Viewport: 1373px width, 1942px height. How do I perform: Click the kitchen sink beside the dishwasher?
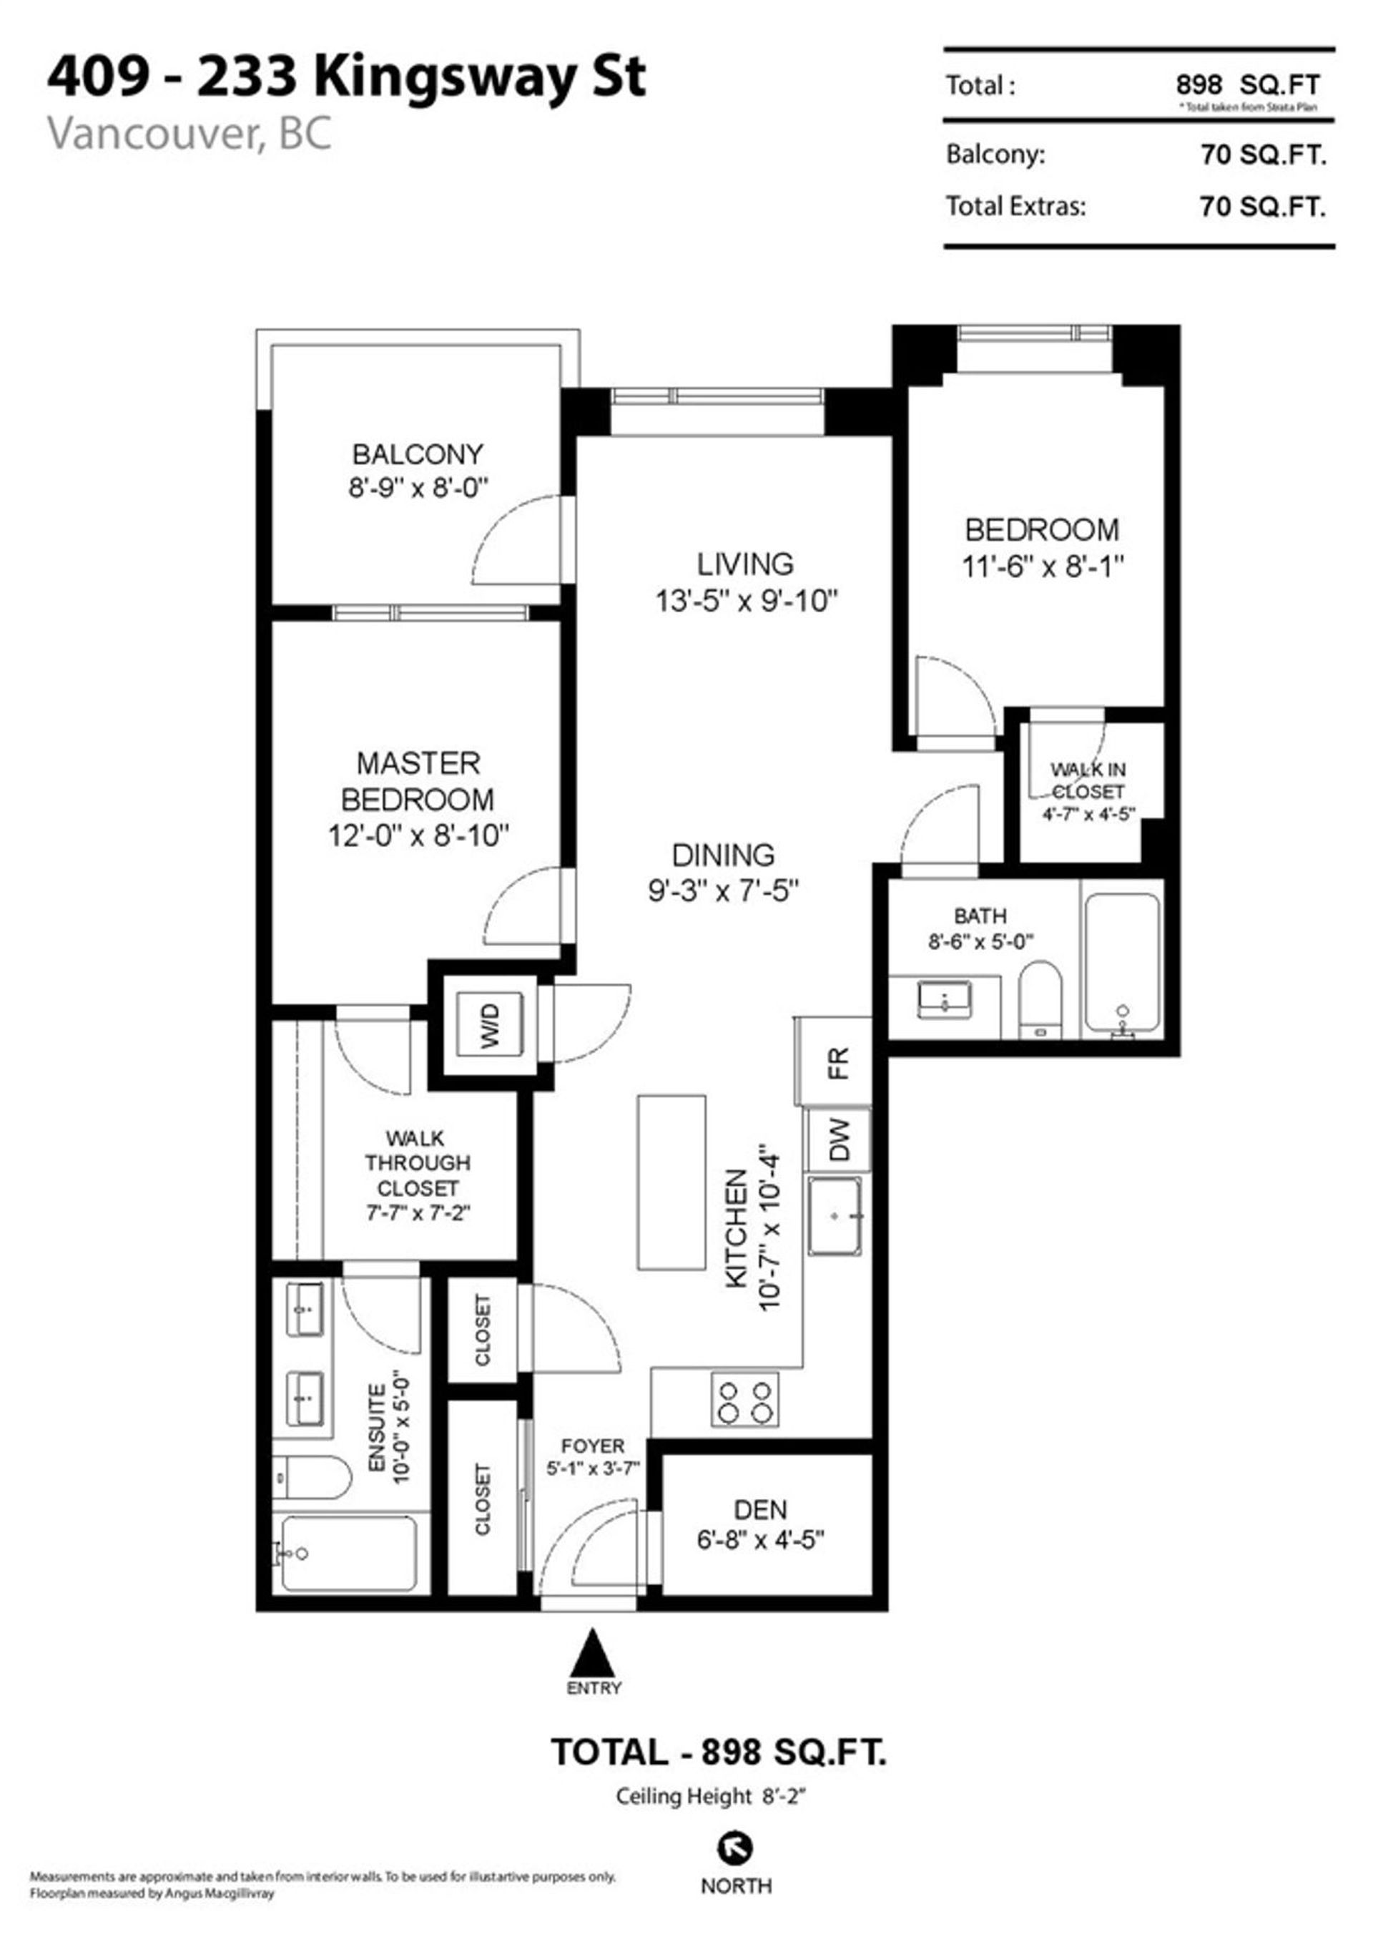coord(835,1215)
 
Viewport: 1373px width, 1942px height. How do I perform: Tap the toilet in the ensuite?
coord(311,1478)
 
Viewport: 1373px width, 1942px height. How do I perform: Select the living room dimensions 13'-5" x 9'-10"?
coord(746,602)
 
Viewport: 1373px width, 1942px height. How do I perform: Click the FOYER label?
coord(593,1446)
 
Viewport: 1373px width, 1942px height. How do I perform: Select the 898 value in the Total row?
coord(1199,84)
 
